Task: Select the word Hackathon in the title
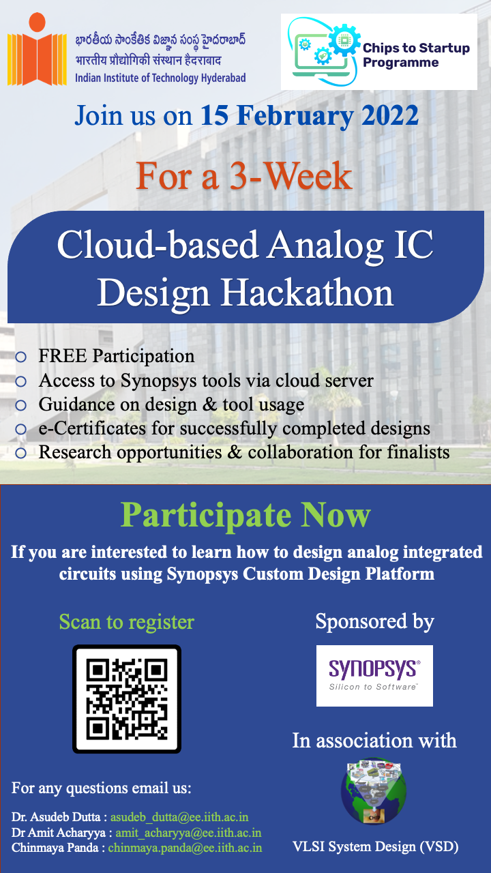point(308,294)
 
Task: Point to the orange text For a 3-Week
point(244,177)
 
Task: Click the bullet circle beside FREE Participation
point(20,357)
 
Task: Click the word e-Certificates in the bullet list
point(92,428)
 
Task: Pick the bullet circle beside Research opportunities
point(20,453)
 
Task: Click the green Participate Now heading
point(245,515)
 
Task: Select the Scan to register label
point(127,622)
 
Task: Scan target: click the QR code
point(127,699)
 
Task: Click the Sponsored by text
point(374,621)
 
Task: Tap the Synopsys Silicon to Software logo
point(374,675)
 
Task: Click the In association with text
point(374,741)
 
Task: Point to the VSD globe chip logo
point(374,790)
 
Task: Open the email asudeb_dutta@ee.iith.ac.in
point(179,817)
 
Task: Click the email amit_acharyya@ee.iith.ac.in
point(188,833)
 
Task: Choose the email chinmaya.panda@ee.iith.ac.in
point(185,848)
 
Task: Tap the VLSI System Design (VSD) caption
point(375,846)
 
